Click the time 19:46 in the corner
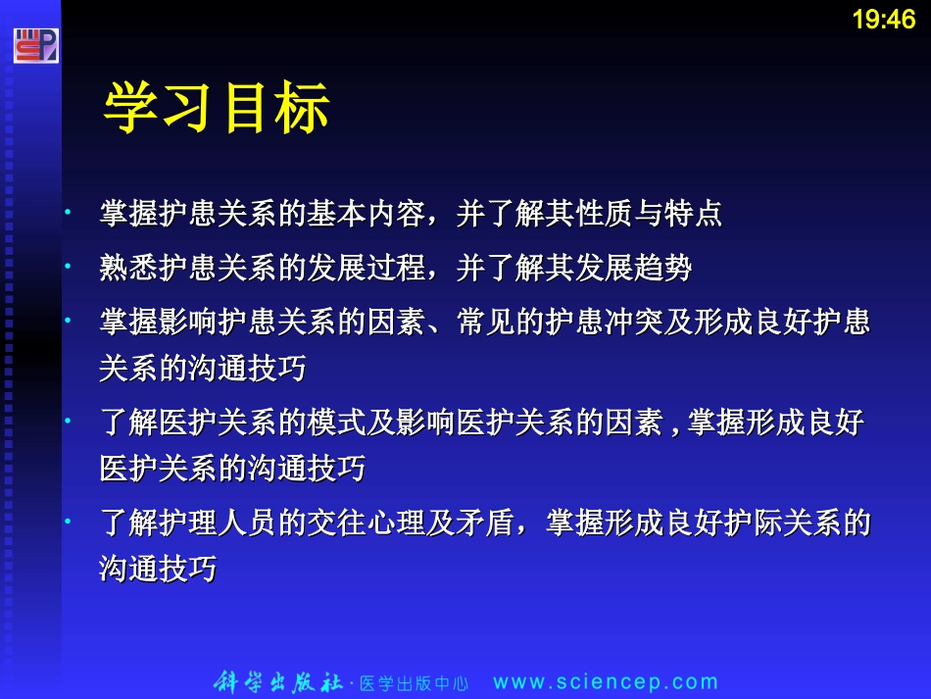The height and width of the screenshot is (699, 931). click(883, 20)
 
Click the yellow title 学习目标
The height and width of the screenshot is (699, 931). click(217, 108)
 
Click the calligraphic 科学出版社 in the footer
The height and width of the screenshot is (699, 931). click(278, 682)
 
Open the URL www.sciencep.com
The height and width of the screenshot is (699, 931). click(606, 682)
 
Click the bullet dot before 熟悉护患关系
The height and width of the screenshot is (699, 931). click(68, 265)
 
